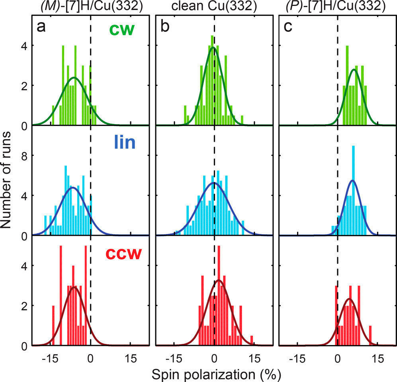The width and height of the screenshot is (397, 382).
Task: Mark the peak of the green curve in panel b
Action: pos(213,48)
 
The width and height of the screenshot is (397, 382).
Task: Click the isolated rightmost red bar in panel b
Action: pos(252,341)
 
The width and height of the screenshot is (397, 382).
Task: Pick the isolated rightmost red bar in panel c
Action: pos(371,336)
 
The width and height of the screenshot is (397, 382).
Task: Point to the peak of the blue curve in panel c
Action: pos(352,181)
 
